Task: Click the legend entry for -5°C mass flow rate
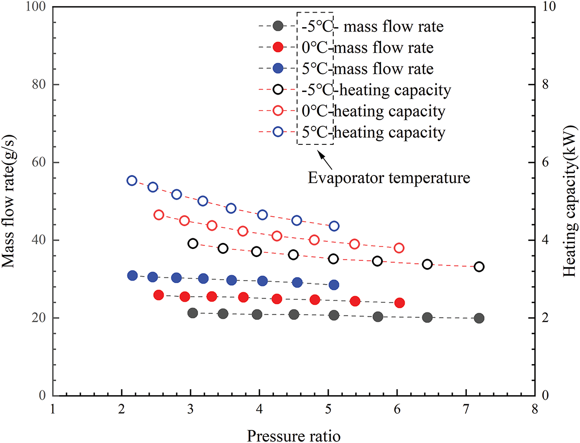pyautogui.click(x=352, y=26)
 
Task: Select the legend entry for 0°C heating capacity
pyautogui.click(x=352, y=111)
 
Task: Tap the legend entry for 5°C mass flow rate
pyautogui.click(x=352, y=68)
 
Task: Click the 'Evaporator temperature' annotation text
pyautogui.click(x=389, y=178)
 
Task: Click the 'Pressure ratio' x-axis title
pyautogui.click(x=294, y=434)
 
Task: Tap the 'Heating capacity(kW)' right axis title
pyautogui.click(x=568, y=201)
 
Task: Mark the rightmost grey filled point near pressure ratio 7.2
pyautogui.click(x=479, y=318)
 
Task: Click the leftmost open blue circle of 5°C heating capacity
pyautogui.click(x=132, y=181)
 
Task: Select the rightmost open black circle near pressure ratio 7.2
pyautogui.click(x=479, y=267)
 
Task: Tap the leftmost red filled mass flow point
pyautogui.click(x=159, y=295)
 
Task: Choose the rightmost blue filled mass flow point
pyautogui.click(x=334, y=285)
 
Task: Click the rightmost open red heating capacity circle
pyautogui.click(x=399, y=248)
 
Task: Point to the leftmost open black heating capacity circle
pyautogui.click(x=193, y=243)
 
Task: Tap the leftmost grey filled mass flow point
pyautogui.click(x=192, y=313)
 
